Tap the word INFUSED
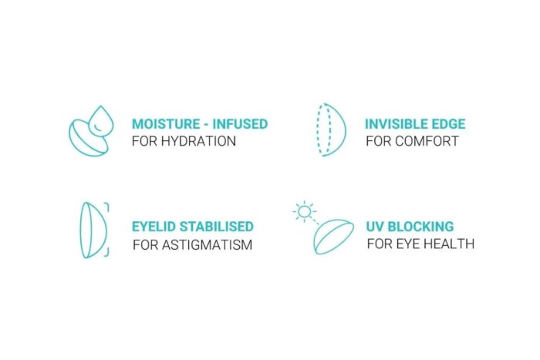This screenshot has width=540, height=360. [x=240, y=124]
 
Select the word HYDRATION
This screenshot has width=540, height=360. [x=198, y=141]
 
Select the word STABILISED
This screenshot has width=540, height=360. [x=217, y=227]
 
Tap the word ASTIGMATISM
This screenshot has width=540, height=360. [x=207, y=244]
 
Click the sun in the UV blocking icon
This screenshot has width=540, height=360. [x=305, y=211]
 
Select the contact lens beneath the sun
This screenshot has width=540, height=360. [x=333, y=237]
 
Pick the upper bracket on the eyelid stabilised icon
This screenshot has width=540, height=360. [x=106, y=207]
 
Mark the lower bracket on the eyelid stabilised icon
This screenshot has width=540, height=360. [x=106, y=252]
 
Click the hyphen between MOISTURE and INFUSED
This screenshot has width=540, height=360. [x=206, y=125]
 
